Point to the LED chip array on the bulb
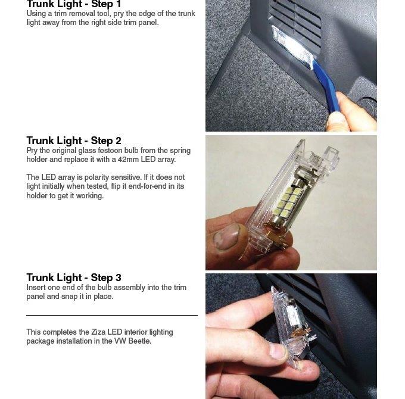point(287,202)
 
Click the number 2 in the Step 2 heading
point(118,141)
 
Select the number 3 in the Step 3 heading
point(118,278)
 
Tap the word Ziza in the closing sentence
point(98,332)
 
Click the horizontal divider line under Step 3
point(112,315)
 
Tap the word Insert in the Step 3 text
point(36,288)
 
